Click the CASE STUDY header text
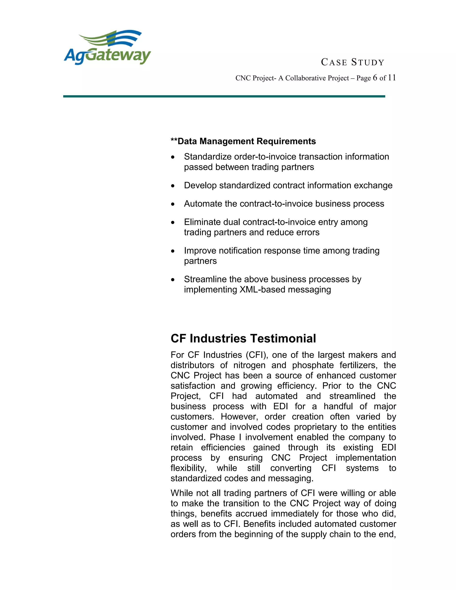coord(352,62)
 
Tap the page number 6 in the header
coord(375,78)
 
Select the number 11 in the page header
coord(392,78)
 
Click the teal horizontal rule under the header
coord(224,96)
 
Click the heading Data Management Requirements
coord(243,141)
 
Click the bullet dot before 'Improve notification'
coord(173,251)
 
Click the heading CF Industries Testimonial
coord(243,338)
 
